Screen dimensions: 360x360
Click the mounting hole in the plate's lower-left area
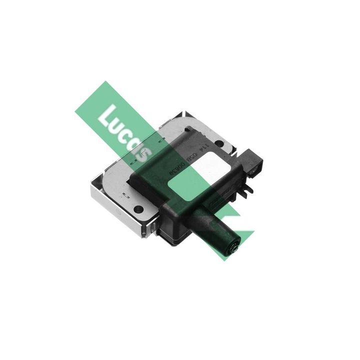138,208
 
